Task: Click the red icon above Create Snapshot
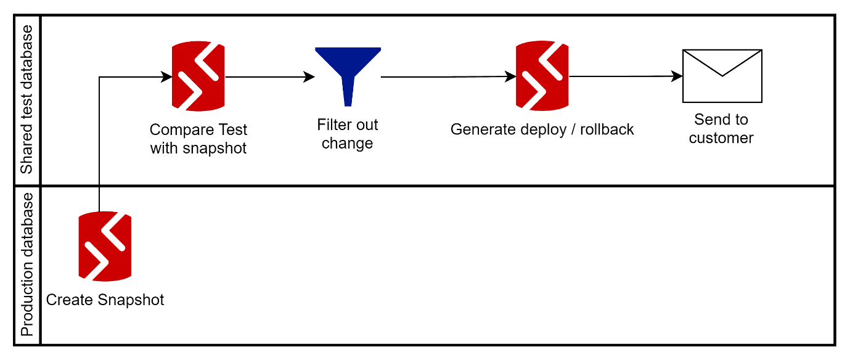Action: (105, 247)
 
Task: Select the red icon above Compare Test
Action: (198, 76)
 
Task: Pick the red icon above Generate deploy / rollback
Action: (542, 76)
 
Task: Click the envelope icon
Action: (722, 76)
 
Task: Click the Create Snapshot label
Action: (105, 300)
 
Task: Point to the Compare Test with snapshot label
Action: (198, 139)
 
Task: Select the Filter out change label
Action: (348, 134)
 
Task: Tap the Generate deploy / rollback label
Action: (542, 129)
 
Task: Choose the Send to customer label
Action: (721, 128)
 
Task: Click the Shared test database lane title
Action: (27, 100)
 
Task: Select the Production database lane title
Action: (27, 265)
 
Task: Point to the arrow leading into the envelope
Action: (626, 76)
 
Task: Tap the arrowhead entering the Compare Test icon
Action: (166, 77)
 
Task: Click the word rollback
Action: (607, 129)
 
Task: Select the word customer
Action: (721, 138)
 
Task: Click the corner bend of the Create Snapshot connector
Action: (99, 77)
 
